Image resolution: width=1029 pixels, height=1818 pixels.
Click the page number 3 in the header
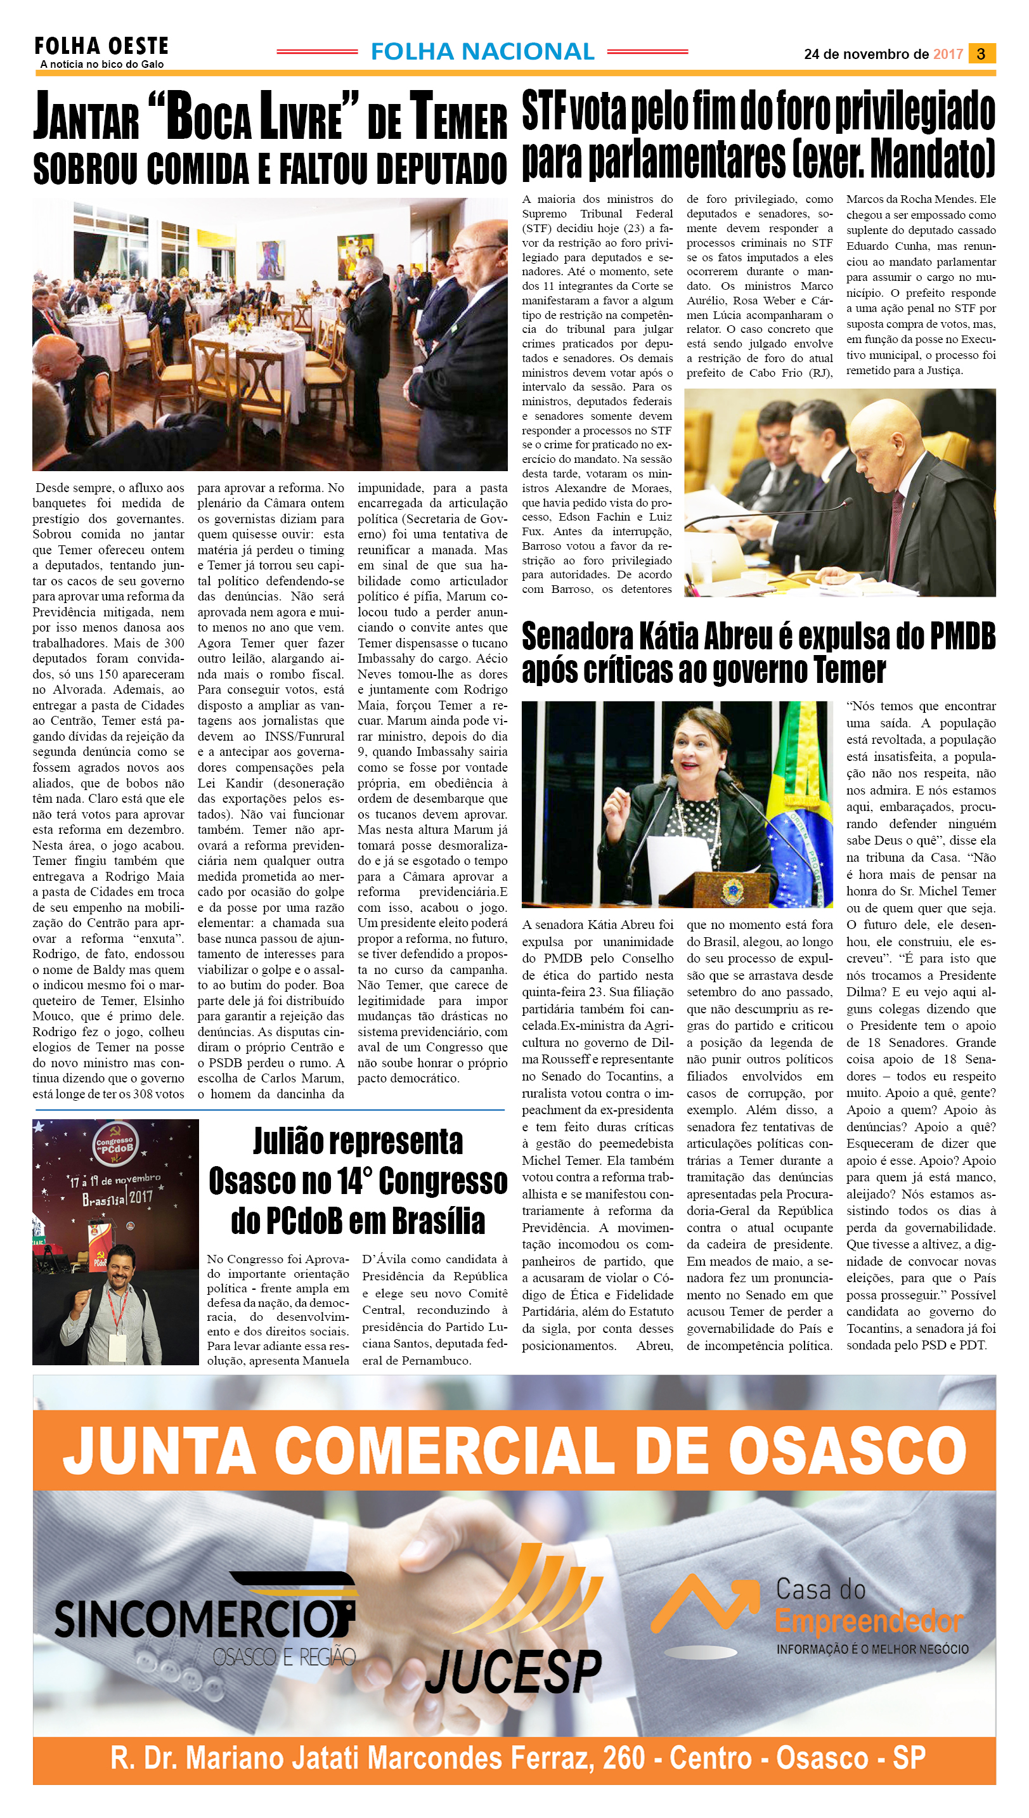tap(981, 54)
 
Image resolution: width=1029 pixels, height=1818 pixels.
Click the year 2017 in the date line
tap(948, 55)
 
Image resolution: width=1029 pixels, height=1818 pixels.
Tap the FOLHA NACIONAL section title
tap(482, 51)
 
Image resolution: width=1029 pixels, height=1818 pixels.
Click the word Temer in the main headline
tap(458, 117)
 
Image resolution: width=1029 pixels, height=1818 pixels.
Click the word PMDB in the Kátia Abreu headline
tap(962, 637)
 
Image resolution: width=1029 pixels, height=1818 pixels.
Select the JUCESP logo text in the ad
tap(513, 1672)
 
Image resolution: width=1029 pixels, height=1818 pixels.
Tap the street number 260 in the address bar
tap(623, 1758)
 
